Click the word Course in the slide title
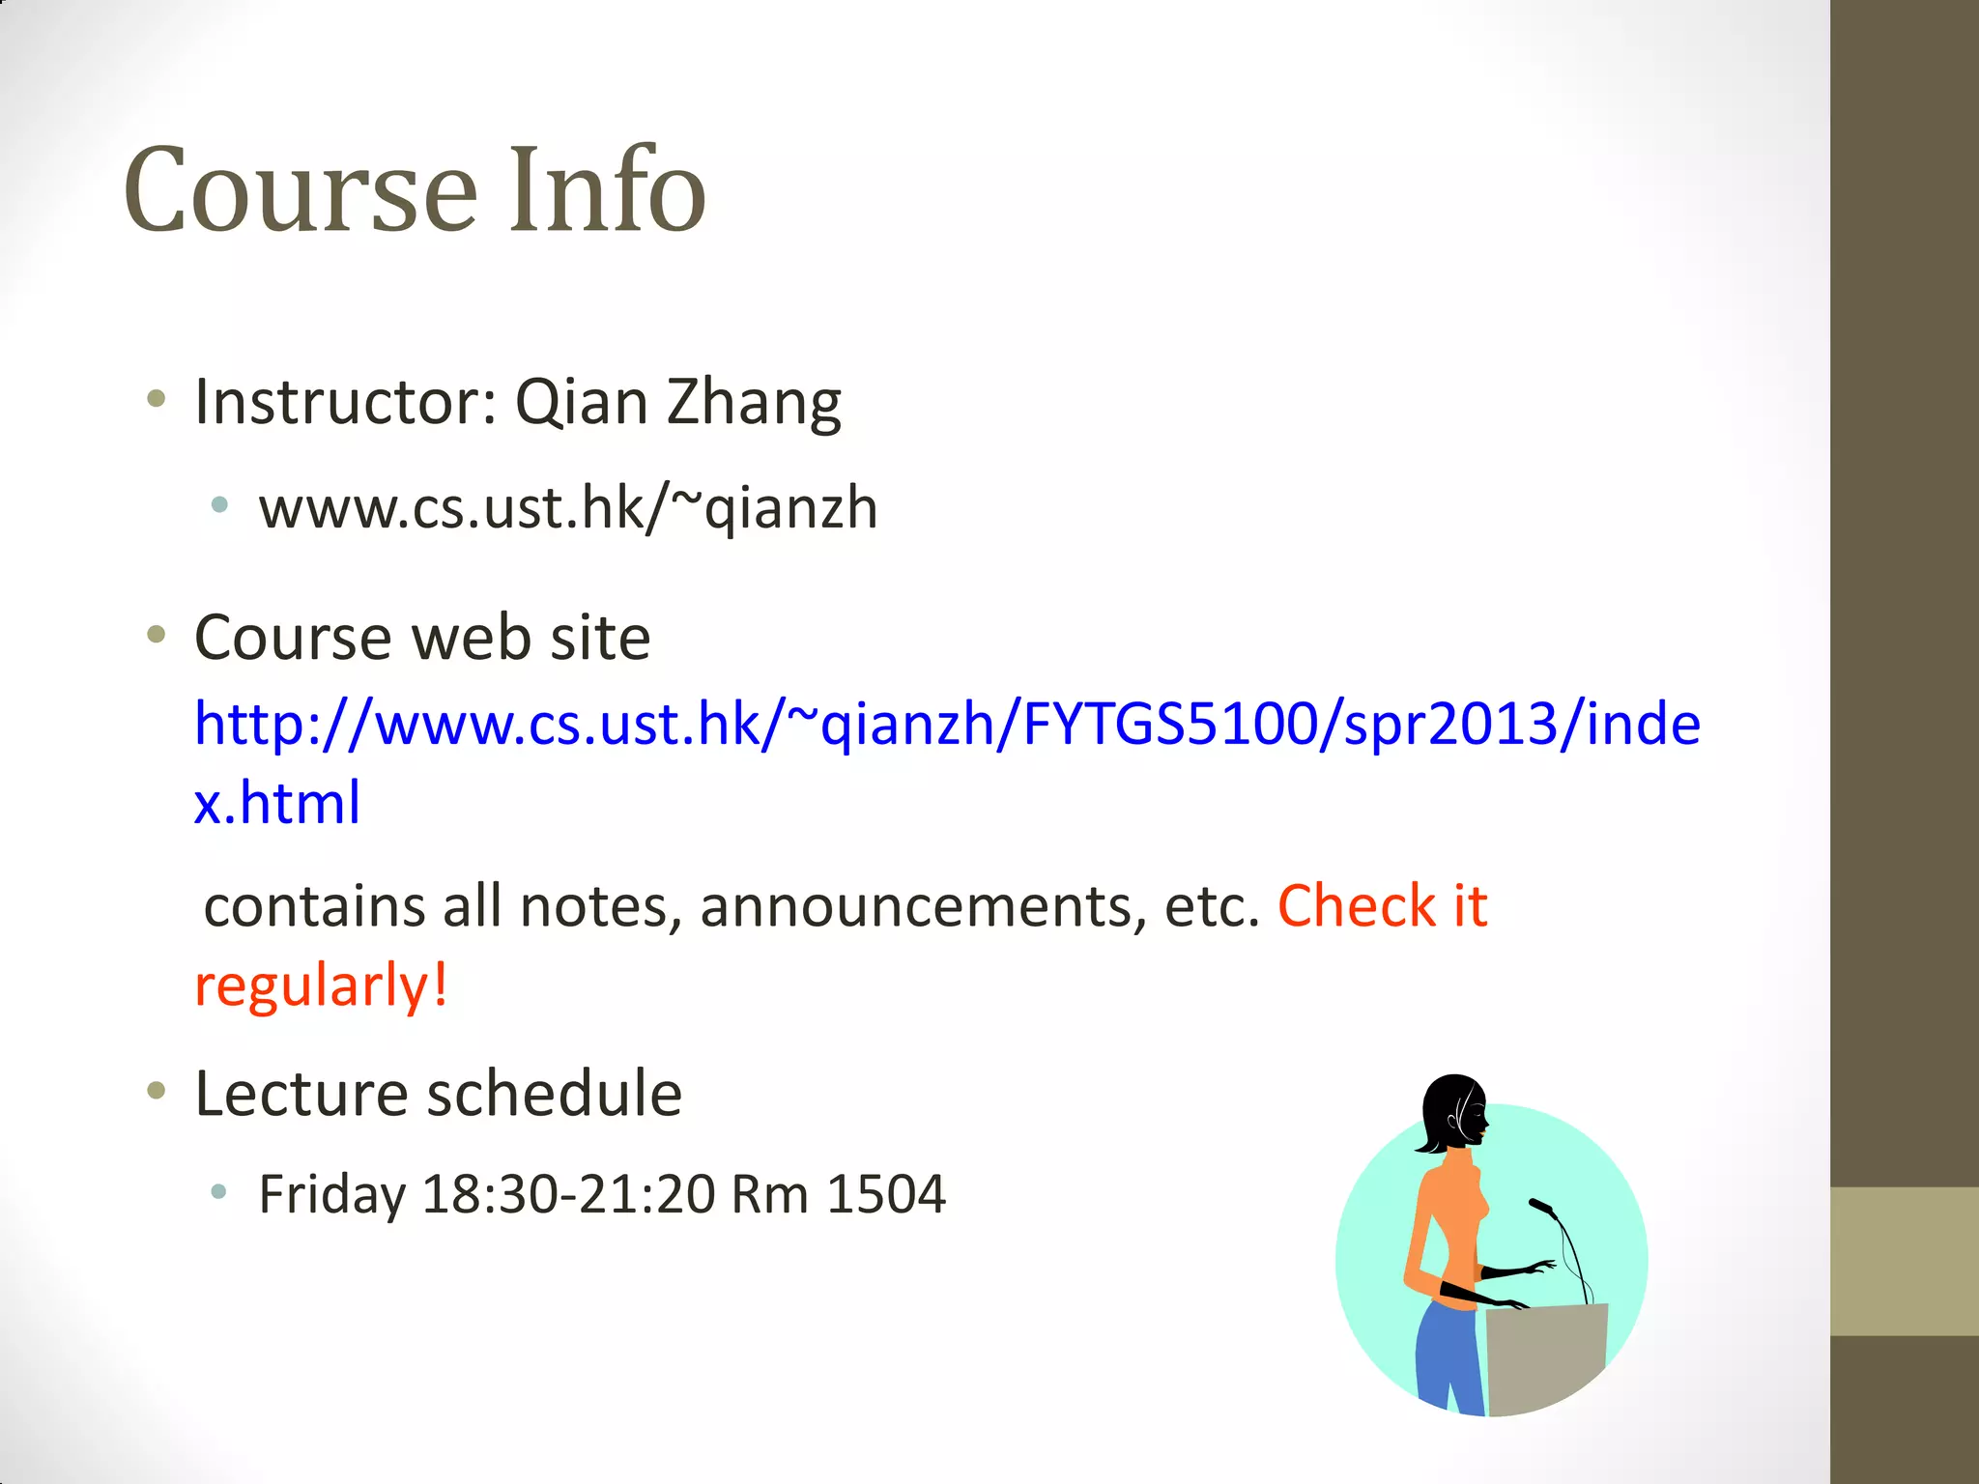click(301, 190)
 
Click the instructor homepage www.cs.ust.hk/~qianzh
click(568, 508)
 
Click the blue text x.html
click(277, 803)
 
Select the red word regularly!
click(321, 986)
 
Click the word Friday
click(331, 1195)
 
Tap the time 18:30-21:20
click(569, 1195)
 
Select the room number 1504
click(886, 1195)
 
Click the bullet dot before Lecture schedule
click(157, 1092)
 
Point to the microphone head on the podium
click(1540, 1206)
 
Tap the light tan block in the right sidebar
click(1904, 1261)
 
